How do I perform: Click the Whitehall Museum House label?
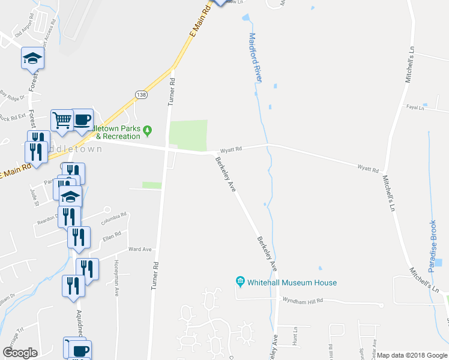(292, 283)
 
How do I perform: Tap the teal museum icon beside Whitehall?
(240, 282)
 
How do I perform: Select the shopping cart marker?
(62, 119)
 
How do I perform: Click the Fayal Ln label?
(415, 108)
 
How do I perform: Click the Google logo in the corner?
(20, 353)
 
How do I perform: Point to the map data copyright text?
(412, 355)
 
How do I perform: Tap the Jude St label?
(34, 196)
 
